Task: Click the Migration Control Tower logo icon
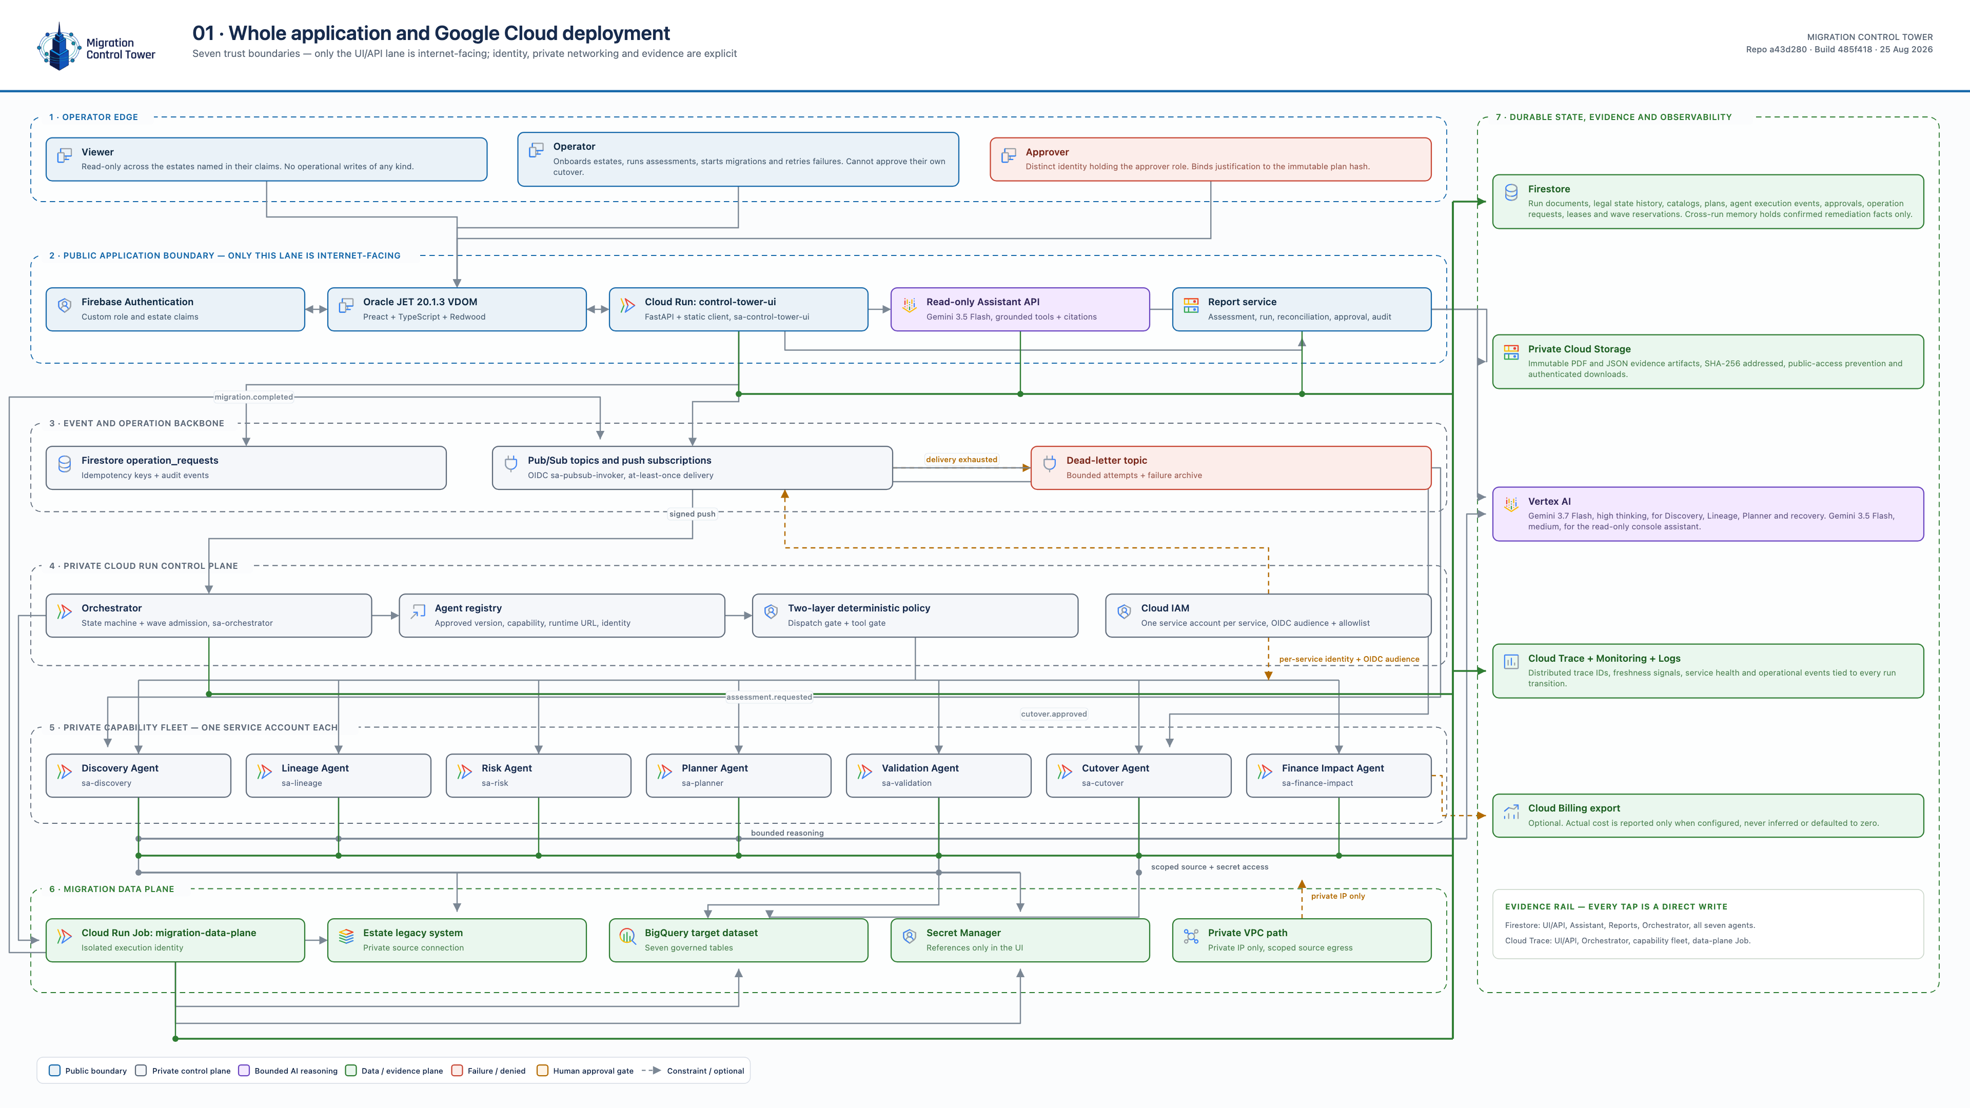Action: point(59,46)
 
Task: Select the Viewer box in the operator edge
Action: point(266,159)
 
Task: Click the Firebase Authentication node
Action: point(175,309)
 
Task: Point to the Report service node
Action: point(1302,309)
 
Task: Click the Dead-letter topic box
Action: point(1231,468)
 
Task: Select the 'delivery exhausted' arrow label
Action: point(961,460)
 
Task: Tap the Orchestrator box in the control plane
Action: point(209,616)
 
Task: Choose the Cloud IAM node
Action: point(1268,616)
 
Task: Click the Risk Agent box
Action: point(538,776)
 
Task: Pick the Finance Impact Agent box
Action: point(1338,776)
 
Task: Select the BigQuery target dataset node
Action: point(739,940)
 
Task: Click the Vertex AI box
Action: point(1708,514)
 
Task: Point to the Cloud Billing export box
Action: point(1708,815)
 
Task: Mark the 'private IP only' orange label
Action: point(1337,896)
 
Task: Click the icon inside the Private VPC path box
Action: point(1191,937)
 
